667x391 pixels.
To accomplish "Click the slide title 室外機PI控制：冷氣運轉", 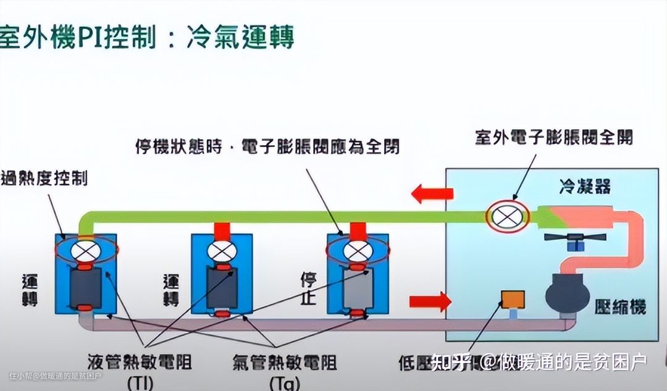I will (146, 36).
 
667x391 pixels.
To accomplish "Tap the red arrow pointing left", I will (432, 194).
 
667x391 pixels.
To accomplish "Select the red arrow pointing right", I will (430, 302).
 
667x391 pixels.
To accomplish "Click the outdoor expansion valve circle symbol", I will (507, 216).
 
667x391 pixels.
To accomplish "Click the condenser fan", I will (574, 238).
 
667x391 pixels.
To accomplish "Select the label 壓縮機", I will (621, 307).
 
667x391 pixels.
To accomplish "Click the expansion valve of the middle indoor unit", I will (220, 251).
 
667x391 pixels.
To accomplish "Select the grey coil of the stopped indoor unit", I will (357, 289).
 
